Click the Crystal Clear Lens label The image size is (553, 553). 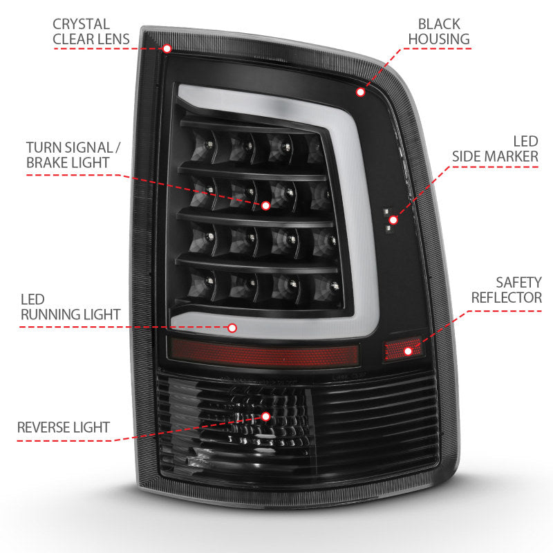tap(91, 31)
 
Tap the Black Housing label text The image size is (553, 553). tap(438, 31)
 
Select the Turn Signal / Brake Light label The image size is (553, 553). tap(68, 155)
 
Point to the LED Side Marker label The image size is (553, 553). tap(495, 148)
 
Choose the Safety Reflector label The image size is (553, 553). tap(507, 290)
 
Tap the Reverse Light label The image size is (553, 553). tap(64, 427)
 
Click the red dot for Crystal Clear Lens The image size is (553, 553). tap(167, 48)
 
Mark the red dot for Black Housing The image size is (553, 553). tap(360, 91)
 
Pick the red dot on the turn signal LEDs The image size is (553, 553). tap(266, 205)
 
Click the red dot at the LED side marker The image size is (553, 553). tap(393, 221)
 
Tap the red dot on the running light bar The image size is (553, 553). tap(232, 328)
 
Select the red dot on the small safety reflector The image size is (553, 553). tap(408, 351)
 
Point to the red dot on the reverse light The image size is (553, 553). tap(266, 416)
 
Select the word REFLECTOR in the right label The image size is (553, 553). tap(507, 298)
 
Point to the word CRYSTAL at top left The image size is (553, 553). tap(81, 24)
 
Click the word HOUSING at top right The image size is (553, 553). tap(438, 39)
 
